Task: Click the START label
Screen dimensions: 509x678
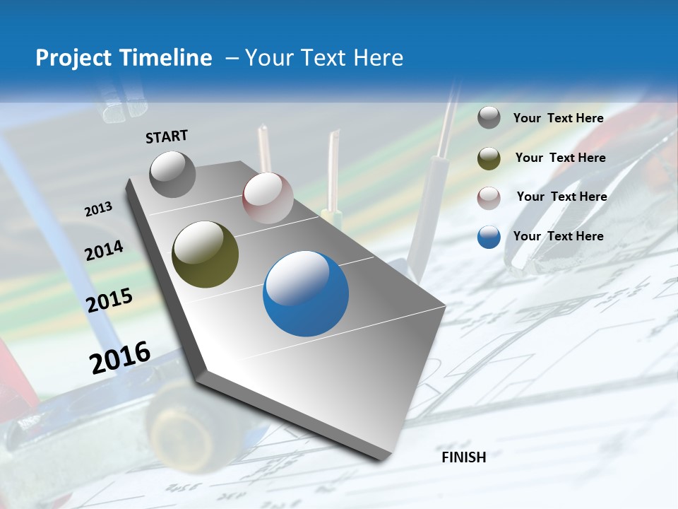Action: point(167,136)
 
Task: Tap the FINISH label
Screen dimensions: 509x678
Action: point(464,457)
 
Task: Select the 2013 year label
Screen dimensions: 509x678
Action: point(99,209)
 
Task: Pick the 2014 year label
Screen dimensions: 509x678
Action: point(105,250)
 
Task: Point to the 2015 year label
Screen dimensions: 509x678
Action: point(109,300)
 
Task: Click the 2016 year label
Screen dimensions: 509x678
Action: point(120,357)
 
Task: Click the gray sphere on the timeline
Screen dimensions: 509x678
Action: point(173,174)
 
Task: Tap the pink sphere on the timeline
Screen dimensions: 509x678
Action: point(268,197)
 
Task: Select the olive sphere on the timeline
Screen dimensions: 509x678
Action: point(205,255)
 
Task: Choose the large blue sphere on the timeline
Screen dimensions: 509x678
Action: point(306,295)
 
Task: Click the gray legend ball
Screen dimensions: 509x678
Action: point(489,118)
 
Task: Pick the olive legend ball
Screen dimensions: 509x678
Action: point(489,158)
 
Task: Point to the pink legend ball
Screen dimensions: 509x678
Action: point(489,197)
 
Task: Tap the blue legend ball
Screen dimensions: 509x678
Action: point(489,237)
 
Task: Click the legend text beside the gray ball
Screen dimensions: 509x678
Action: point(558,119)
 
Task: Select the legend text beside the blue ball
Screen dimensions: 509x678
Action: point(558,236)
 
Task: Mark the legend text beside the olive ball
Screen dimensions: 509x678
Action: point(560,158)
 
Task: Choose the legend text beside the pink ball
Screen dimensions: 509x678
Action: point(561,197)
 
